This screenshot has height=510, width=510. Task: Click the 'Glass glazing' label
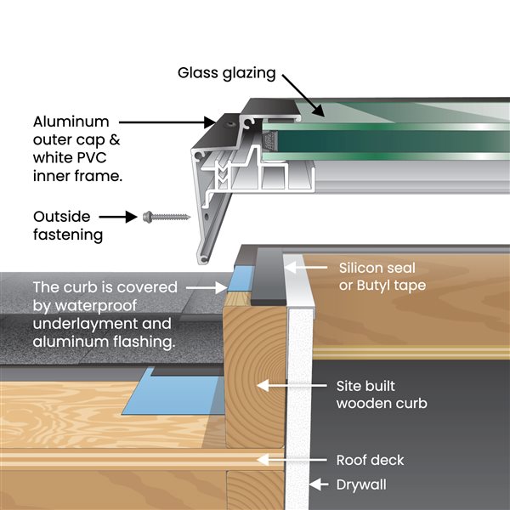tap(227, 72)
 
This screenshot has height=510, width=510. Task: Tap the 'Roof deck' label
tap(370, 460)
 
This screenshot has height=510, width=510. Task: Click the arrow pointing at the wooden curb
tap(289, 386)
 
